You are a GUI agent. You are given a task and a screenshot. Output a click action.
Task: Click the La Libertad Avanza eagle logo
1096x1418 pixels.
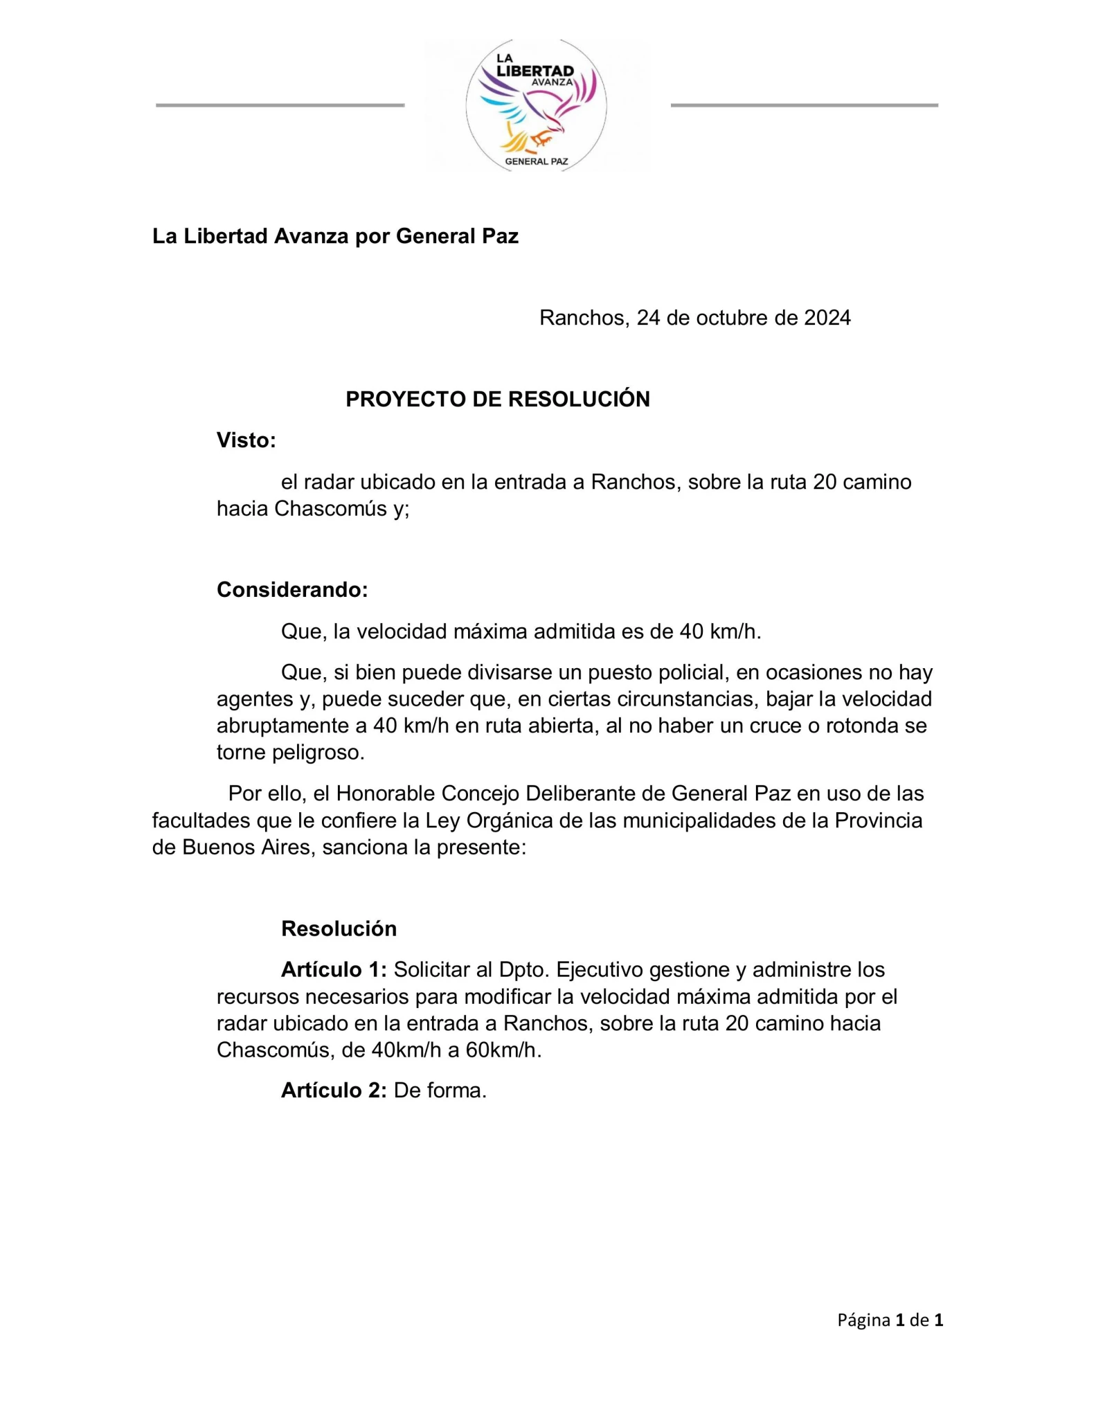pos(537,105)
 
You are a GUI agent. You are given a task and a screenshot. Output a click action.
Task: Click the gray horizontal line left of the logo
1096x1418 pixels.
pos(280,105)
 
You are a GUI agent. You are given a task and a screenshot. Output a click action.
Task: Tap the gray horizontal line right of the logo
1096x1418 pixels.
pos(804,105)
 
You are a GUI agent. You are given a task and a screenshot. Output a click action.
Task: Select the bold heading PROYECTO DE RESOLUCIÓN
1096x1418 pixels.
pos(497,400)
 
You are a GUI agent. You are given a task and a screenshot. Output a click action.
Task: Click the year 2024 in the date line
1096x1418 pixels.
pos(827,318)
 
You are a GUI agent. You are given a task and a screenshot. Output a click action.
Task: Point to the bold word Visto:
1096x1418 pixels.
pos(246,440)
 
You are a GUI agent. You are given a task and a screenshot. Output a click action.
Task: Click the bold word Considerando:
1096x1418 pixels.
pos(292,590)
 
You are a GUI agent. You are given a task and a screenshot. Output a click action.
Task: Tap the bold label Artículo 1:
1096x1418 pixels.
pos(334,969)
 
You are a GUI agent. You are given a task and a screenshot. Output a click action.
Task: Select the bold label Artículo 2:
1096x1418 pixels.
pos(334,1091)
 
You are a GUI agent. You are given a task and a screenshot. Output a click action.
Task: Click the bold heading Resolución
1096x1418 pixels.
pos(339,928)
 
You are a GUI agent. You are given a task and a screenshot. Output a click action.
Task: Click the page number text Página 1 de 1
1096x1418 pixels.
pos(890,1320)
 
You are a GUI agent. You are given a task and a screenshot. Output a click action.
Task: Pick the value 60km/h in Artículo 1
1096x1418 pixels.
pos(503,1050)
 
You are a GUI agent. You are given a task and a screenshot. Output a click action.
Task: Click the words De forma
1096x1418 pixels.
pos(440,1091)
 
